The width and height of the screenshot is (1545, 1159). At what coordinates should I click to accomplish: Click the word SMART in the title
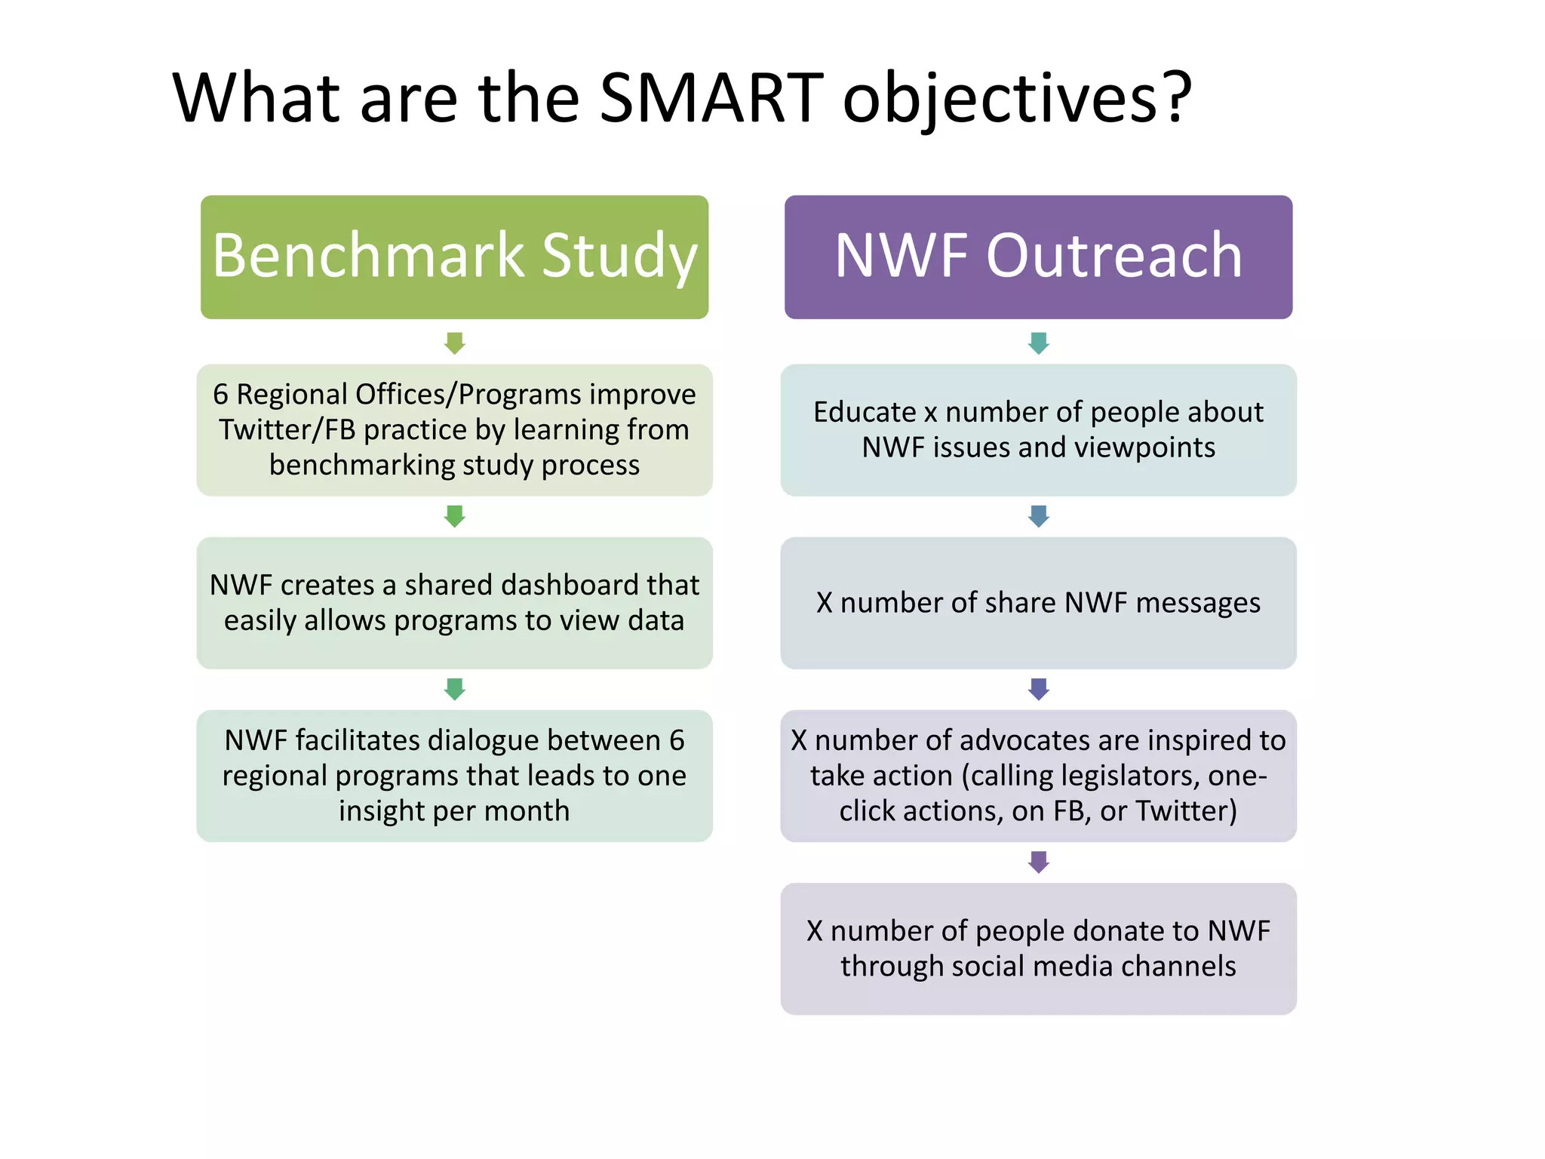[711, 98]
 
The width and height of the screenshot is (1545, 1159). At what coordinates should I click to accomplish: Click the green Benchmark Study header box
[454, 257]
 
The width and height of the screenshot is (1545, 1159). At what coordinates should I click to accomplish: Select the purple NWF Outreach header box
[1038, 257]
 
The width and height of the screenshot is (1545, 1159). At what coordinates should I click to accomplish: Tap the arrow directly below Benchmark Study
[454, 343]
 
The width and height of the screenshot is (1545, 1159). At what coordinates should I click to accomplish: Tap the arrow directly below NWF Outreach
[1038, 343]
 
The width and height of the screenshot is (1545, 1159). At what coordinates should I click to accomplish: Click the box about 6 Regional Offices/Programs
[454, 429]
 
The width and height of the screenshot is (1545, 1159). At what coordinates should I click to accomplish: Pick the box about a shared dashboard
[454, 602]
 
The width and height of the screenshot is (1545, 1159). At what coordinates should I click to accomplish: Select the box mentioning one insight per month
[454, 775]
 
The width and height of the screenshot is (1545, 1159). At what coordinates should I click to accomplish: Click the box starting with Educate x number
[1038, 429]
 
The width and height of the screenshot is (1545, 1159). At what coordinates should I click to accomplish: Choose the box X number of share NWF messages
[1038, 602]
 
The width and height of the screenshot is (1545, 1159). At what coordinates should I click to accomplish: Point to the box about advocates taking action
[1038, 775]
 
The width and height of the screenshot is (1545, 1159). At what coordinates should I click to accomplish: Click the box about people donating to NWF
[1038, 948]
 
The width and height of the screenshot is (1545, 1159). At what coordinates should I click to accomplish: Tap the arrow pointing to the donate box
[1038, 862]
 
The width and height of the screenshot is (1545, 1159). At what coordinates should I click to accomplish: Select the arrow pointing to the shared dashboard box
[454, 516]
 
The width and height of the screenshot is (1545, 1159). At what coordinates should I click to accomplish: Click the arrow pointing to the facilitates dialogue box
[454, 688]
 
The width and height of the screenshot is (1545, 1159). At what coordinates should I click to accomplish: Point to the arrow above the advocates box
[1038, 688]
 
